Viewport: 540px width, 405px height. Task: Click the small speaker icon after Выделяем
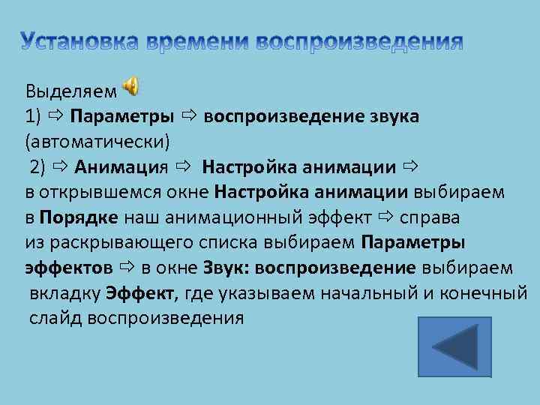[x=130, y=88]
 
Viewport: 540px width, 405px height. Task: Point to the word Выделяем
[x=71, y=91]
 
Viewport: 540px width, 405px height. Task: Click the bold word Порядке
[x=79, y=217]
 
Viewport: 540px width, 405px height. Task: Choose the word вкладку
[x=65, y=293]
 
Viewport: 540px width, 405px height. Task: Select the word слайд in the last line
[x=55, y=318]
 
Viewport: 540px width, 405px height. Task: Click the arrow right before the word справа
[x=385, y=217]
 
